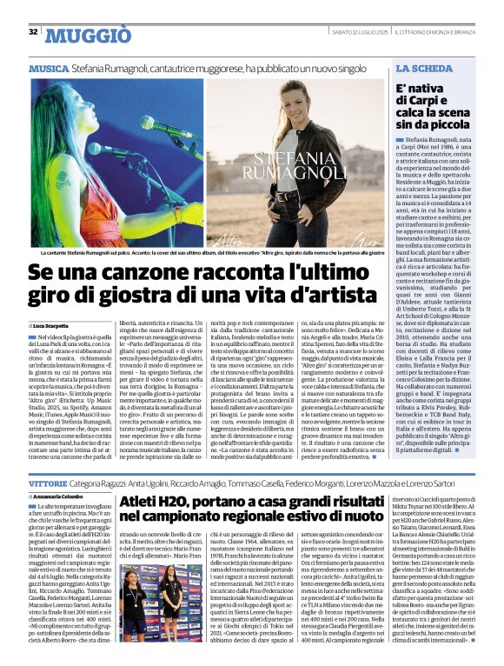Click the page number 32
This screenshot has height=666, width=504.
[x=33, y=32]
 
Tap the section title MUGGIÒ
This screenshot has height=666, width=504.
[x=88, y=36]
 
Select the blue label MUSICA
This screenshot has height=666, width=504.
[x=49, y=68]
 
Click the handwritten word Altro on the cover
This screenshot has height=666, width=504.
[x=248, y=237]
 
